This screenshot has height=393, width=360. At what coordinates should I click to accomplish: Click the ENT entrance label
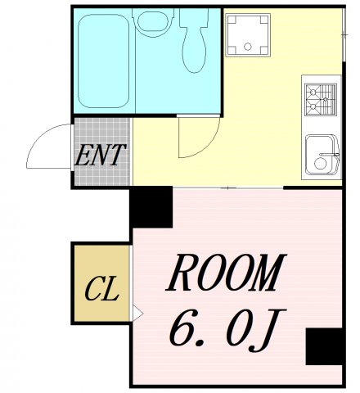click(x=101, y=156)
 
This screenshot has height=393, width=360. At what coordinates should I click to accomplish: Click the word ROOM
click(x=226, y=273)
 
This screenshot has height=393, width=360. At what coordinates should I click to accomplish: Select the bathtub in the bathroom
click(x=104, y=61)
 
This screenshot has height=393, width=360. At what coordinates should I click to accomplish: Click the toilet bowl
click(x=194, y=41)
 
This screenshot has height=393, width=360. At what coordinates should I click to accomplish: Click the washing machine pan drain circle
click(x=247, y=47)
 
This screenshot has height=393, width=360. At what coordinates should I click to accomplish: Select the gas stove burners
click(x=321, y=99)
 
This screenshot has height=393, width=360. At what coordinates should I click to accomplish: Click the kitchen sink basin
click(x=322, y=155)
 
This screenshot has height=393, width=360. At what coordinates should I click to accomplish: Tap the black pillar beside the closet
click(x=151, y=207)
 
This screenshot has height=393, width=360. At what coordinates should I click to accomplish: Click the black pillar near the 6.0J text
click(x=324, y=346)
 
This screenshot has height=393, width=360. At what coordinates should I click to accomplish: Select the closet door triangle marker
click(x=137, y=314)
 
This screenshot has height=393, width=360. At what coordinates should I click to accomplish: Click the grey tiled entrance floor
click(x=102, y=151)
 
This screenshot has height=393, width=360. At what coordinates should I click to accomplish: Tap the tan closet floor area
click(x=101, y=283)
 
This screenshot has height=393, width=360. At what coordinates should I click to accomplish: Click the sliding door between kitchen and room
click(x=228, y=187)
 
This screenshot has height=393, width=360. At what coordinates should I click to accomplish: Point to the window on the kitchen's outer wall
click(x=344, y=34)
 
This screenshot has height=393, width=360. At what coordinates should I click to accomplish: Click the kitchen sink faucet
click(x=330, y=155)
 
